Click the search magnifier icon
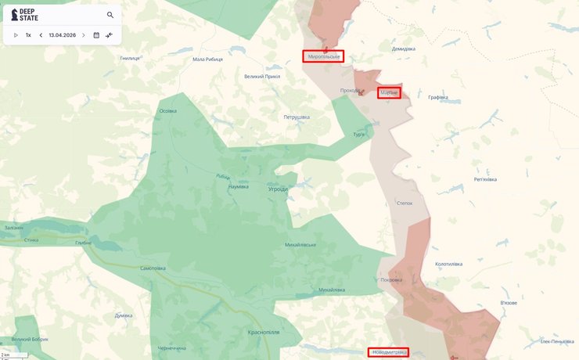[x=110, y=15]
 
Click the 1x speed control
[x=28, y=35]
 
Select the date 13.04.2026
[x=62, y=35]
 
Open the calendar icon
[x=96, y=35]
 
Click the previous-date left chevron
[x=41, y=35]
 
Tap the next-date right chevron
[x=84, y=35]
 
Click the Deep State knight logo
[x=15, y=15]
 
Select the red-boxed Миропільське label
[x=323, y=56]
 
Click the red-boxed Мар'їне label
[x=389, y=92]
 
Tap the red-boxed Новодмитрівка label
[x=388, y=352]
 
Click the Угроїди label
[x=277, y=189]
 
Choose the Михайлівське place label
[x=300, y=245]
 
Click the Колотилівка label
[x=449, y=265]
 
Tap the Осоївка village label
[x=167, y=111]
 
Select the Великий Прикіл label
[x=262, y=77]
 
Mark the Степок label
[x=405, y=203]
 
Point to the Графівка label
[x=438, y=97]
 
